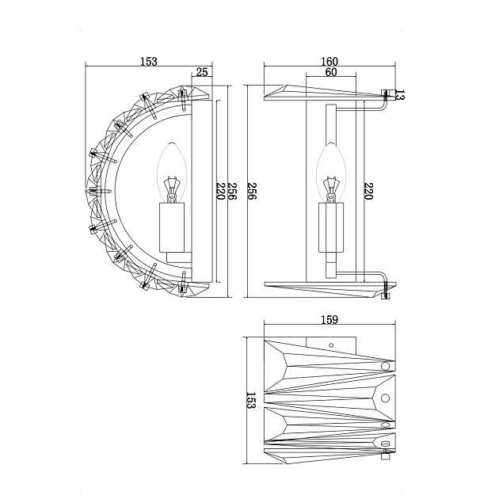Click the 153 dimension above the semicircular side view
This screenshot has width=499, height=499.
coord(149,61)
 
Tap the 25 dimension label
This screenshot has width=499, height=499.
coord(202,72)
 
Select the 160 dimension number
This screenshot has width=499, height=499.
coord(329,61)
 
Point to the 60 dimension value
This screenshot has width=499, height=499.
coord(331,72)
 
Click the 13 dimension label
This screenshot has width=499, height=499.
coord(400,95)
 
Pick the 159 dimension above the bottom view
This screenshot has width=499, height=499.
coord(329,319)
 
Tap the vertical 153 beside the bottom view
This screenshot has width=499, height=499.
coord(251,400)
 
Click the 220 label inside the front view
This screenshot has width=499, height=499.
coord(368,191)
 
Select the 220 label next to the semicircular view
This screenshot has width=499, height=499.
coord(220,191)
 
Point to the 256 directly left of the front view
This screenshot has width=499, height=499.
coord(252,191)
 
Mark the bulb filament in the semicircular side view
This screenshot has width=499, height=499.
coord(172,190)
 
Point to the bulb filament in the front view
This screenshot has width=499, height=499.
coord(331,190)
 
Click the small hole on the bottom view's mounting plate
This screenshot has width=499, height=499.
coord(331,345)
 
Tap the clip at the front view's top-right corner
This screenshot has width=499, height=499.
coord(388,93)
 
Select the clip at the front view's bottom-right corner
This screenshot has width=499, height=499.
coord(387,295)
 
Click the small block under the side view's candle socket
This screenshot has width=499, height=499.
coord(179,257)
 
